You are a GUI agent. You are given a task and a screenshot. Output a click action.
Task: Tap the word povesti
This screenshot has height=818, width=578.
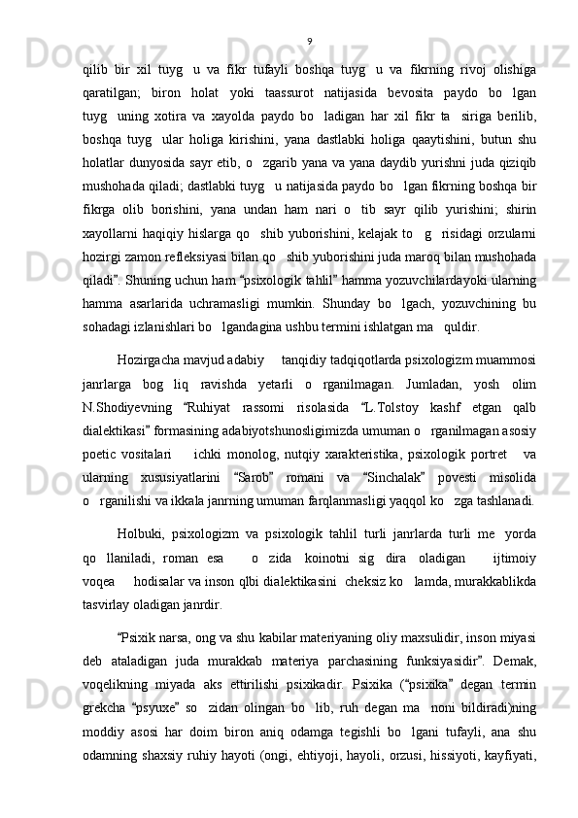[x=459, y=476]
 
